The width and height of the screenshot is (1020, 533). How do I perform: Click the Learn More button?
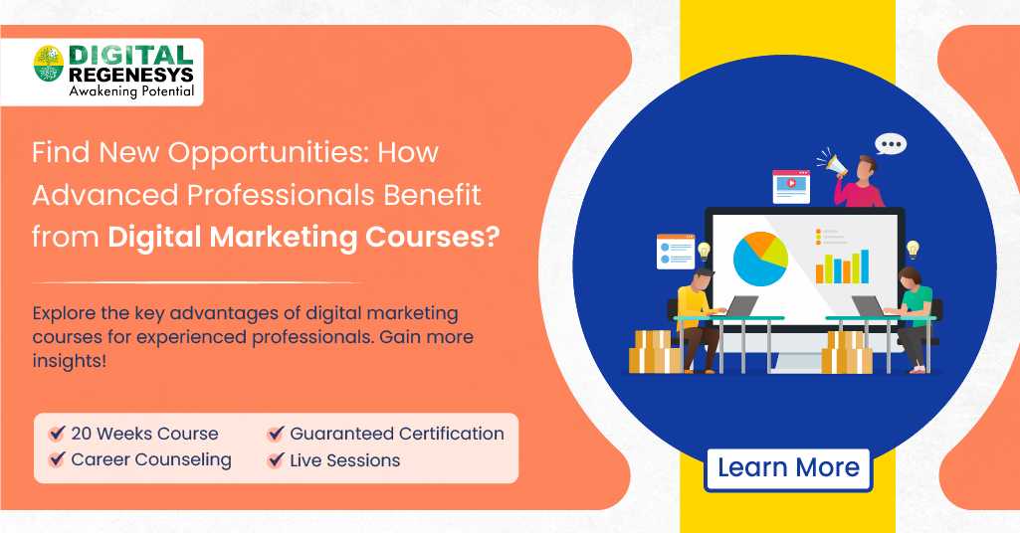788,468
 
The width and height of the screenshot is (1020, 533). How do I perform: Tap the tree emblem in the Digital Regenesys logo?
48,64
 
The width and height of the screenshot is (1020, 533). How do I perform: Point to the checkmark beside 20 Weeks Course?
58,435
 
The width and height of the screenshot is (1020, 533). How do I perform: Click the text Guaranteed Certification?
396,434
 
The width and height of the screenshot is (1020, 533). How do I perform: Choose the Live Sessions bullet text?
344,460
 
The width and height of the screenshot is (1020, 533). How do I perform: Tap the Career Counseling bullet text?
150,460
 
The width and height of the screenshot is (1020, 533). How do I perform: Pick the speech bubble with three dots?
891,145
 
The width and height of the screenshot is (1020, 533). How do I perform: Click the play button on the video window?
792,183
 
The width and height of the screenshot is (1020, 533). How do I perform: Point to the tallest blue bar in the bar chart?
864,266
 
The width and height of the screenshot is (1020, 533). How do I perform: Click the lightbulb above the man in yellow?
704,250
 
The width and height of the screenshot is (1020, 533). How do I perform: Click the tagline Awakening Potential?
130,91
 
